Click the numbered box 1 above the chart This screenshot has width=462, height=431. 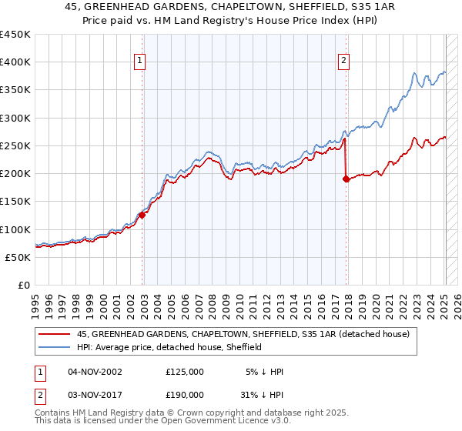coord(140,62)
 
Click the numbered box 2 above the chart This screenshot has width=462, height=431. coord(343,62)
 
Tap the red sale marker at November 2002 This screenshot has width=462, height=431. coord(142,215)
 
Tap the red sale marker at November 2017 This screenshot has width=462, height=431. coord(346,179)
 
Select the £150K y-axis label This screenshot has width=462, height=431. coord(15,202)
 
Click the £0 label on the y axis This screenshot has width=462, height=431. coord(23,285)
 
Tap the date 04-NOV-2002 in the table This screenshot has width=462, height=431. coord(94,372)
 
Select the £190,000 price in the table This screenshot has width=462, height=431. coord(184,393)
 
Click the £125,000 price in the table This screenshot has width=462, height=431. coord(184,372)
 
